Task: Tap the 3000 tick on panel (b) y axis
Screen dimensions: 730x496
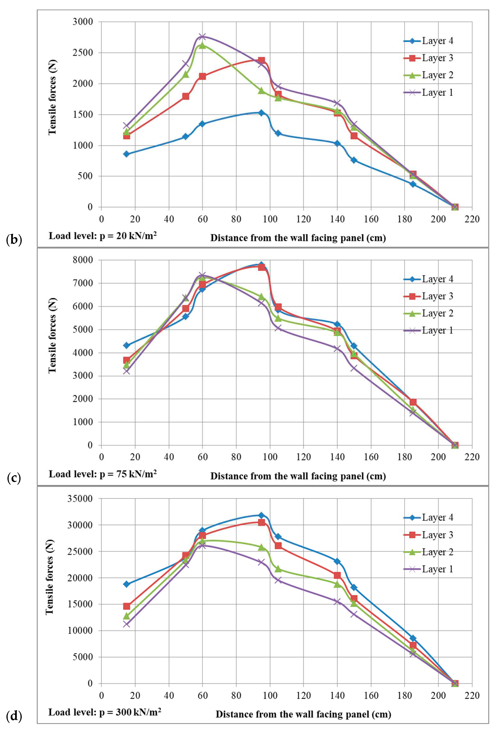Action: (83, 22)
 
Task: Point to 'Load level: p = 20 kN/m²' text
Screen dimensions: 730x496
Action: (103, 236)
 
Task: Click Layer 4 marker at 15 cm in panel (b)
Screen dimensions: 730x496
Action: (126, 154)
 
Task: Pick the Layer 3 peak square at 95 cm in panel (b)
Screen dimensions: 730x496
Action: (261, 61)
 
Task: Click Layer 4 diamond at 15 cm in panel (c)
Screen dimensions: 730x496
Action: (126, 345)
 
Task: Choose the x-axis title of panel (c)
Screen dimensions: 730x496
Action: (298, 476)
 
